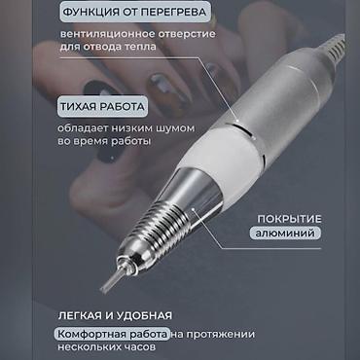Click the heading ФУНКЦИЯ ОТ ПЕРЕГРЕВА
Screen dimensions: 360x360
(134, 12)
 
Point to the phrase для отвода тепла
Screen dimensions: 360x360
(108, 47)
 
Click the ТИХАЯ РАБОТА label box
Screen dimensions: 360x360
(102, 106)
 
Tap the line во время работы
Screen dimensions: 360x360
(104, 142)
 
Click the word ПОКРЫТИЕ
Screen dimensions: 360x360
(289, 219)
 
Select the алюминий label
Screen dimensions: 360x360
(285, 234)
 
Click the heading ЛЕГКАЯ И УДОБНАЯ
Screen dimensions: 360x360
(115, 315)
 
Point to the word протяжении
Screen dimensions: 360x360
(218, 334)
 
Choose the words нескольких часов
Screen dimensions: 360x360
(107, 347)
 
